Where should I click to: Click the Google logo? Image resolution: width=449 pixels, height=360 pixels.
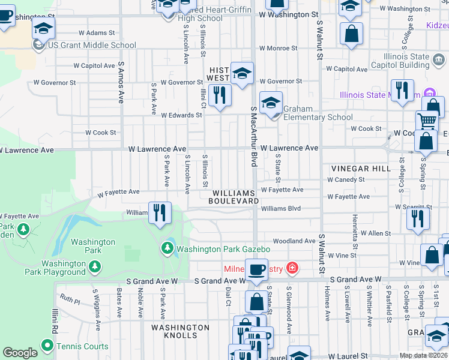(x=20, y=353)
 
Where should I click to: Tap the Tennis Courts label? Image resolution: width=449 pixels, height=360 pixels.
(x=82, y=346)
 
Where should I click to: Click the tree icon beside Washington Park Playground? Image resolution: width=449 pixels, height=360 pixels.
(x=94, y=267)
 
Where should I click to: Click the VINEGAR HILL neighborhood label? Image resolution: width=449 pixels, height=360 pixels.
(x=364, y=169)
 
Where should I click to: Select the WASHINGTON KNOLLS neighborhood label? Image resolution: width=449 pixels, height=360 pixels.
(x=180, y=332)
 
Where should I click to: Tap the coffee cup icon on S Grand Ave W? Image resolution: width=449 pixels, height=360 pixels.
(x=256, y=270)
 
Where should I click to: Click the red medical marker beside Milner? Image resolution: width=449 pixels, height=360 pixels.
(x=292, y=268)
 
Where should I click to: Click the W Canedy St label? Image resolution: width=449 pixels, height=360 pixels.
(x=346, y=179)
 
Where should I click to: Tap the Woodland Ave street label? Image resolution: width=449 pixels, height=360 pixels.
(x=294, y=241)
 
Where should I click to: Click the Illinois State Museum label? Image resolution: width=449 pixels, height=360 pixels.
(x=379, y=94)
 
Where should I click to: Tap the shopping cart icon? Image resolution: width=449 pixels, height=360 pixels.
(x=427, y=120)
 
